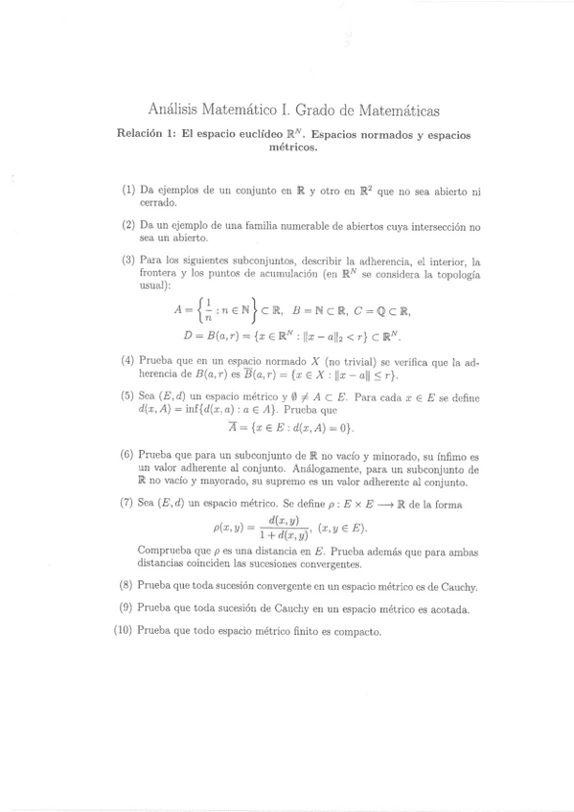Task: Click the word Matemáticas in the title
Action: click(395, 111)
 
